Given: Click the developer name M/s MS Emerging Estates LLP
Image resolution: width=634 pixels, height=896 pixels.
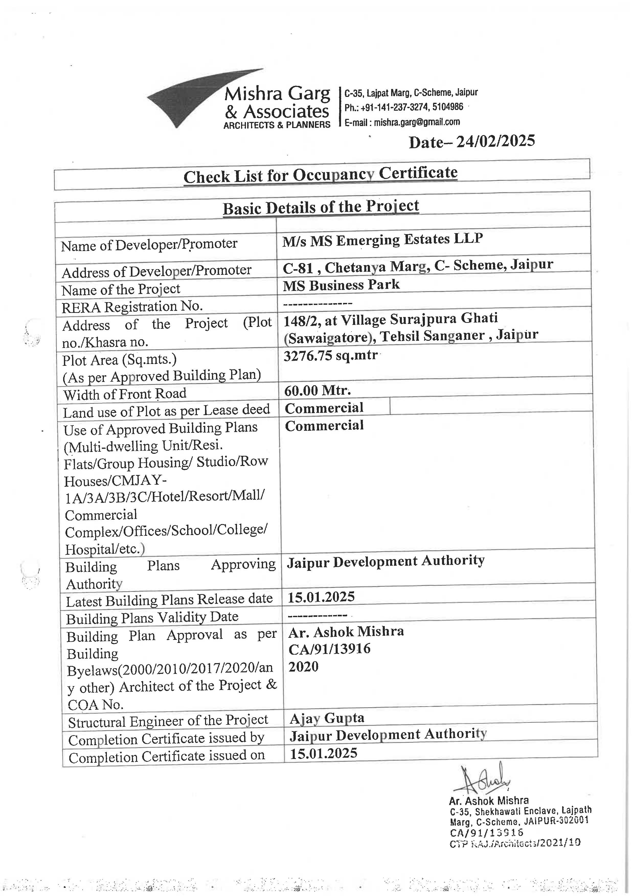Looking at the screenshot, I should pos(383,240).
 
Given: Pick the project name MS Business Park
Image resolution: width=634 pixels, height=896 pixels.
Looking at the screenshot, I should pos(341,285).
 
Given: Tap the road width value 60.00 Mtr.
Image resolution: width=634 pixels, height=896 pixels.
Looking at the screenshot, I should pos(317,390).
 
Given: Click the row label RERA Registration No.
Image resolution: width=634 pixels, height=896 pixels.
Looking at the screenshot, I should pos(132,307).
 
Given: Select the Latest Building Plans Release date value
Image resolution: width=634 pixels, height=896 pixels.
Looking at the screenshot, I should pos(321,597).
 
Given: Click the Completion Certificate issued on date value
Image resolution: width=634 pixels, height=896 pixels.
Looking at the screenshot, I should pos(323,753).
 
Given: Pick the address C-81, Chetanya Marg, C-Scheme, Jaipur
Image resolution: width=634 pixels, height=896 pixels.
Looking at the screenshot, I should pos(418,266).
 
